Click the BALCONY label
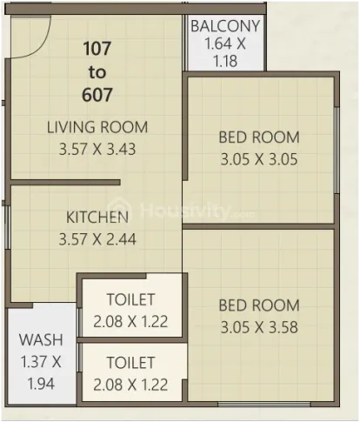coord(225,26)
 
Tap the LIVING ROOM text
coord(97,127)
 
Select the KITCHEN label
coord(97,218)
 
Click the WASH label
coord(41,340)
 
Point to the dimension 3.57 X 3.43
coord(97,149)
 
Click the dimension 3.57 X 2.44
coord(97,239)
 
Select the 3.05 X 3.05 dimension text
coord(259,159)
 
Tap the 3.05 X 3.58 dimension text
coord(259,327)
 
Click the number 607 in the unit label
coord(97,95)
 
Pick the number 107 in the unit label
coord(97,49)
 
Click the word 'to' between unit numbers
coord(97,72)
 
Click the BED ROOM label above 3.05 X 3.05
coord(259,137)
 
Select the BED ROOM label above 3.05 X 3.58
coord(259,305)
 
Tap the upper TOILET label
coord(130,299)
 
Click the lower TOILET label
coord(130,363)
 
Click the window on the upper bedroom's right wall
coord(337,151)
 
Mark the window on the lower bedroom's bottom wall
coord(264,404)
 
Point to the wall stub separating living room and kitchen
coord(65,183)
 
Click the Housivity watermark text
coord(185,211)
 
